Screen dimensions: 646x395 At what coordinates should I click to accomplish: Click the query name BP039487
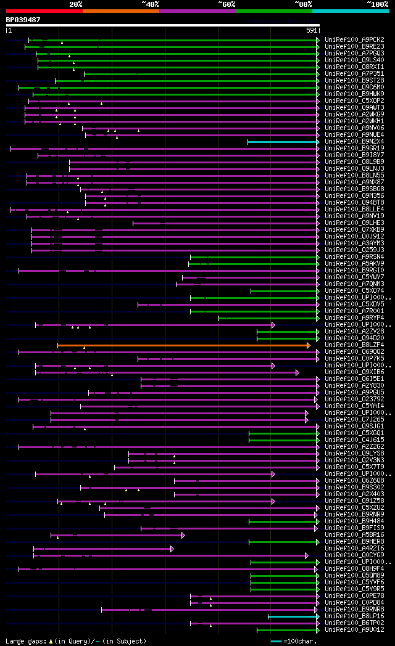tap(23, 20)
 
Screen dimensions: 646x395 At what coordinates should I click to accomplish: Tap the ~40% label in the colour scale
tap(150, 4)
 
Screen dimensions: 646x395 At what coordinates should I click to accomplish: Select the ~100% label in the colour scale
tap(378, 4)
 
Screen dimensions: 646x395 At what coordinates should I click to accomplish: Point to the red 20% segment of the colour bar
tap(44, 10)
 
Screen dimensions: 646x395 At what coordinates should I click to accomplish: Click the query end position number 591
tap(312, 30)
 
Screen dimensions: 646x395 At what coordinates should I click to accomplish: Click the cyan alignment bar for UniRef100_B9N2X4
tap(283, 142)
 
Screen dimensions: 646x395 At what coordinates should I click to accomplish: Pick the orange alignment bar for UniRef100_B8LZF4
tap(183, 345)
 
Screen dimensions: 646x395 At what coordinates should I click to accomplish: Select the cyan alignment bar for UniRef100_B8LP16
tap(293, 616)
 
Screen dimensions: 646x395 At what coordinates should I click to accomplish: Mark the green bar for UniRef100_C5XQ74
tap(284, 291)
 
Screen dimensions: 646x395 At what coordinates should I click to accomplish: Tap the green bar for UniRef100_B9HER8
tap(283, 542)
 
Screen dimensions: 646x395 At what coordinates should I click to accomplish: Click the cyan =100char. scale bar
tap(276, 641)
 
